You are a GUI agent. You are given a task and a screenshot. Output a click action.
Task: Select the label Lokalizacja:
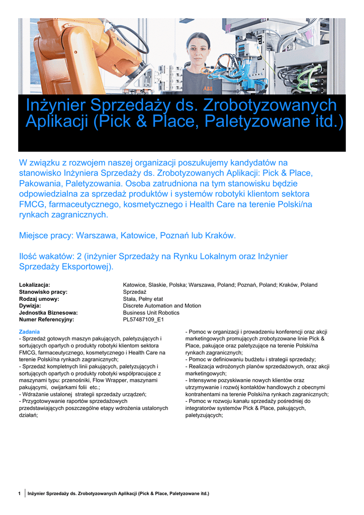tap(34, 285)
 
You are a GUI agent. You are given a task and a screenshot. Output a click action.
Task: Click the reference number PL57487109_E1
tap(143, 319)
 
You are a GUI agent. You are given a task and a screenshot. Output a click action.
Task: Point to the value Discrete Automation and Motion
tap(162, 306)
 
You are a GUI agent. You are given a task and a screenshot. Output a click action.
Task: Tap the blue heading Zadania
tap(29, 332)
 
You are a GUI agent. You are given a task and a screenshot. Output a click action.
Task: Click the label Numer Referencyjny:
tap(46, 319)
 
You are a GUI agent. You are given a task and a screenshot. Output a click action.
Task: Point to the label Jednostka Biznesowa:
tap(48, 312)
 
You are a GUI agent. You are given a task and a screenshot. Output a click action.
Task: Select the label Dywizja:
tap(30, 306)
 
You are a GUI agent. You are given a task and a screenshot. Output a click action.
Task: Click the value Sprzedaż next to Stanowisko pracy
tap(134, 292)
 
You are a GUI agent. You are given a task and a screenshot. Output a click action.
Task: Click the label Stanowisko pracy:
tap(43, 292)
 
